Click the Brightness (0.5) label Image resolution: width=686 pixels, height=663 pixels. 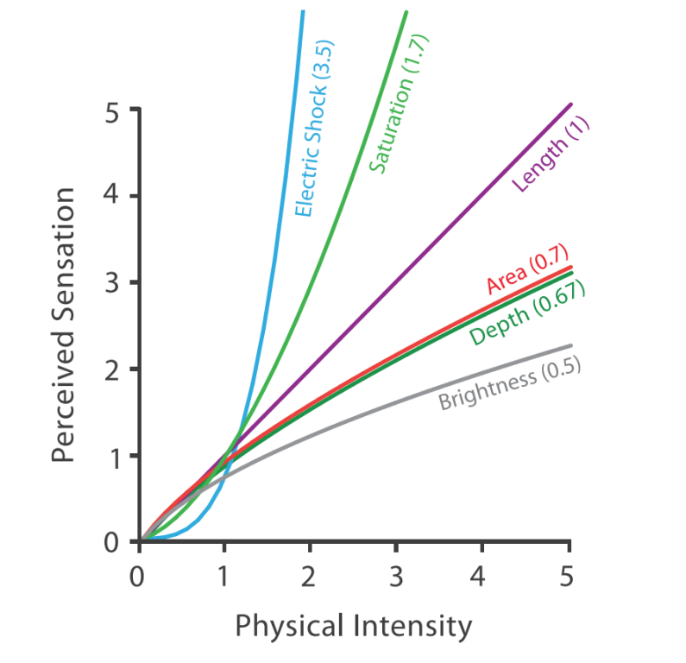click(x=509, y=384)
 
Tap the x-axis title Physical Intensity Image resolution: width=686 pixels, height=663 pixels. click(x=354, y=626)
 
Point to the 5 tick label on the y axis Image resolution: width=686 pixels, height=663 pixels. click(x=112, y=110)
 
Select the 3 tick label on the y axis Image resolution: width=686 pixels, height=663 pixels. click(x=112, y=283)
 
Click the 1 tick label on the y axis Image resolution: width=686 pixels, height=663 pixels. click(x=112, y=456)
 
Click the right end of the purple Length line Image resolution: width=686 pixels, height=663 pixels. click(x=570, y=104)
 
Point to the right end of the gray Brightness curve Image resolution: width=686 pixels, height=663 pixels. click(x=570, y=346)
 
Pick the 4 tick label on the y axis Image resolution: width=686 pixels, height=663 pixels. click(x=112, y=197)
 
